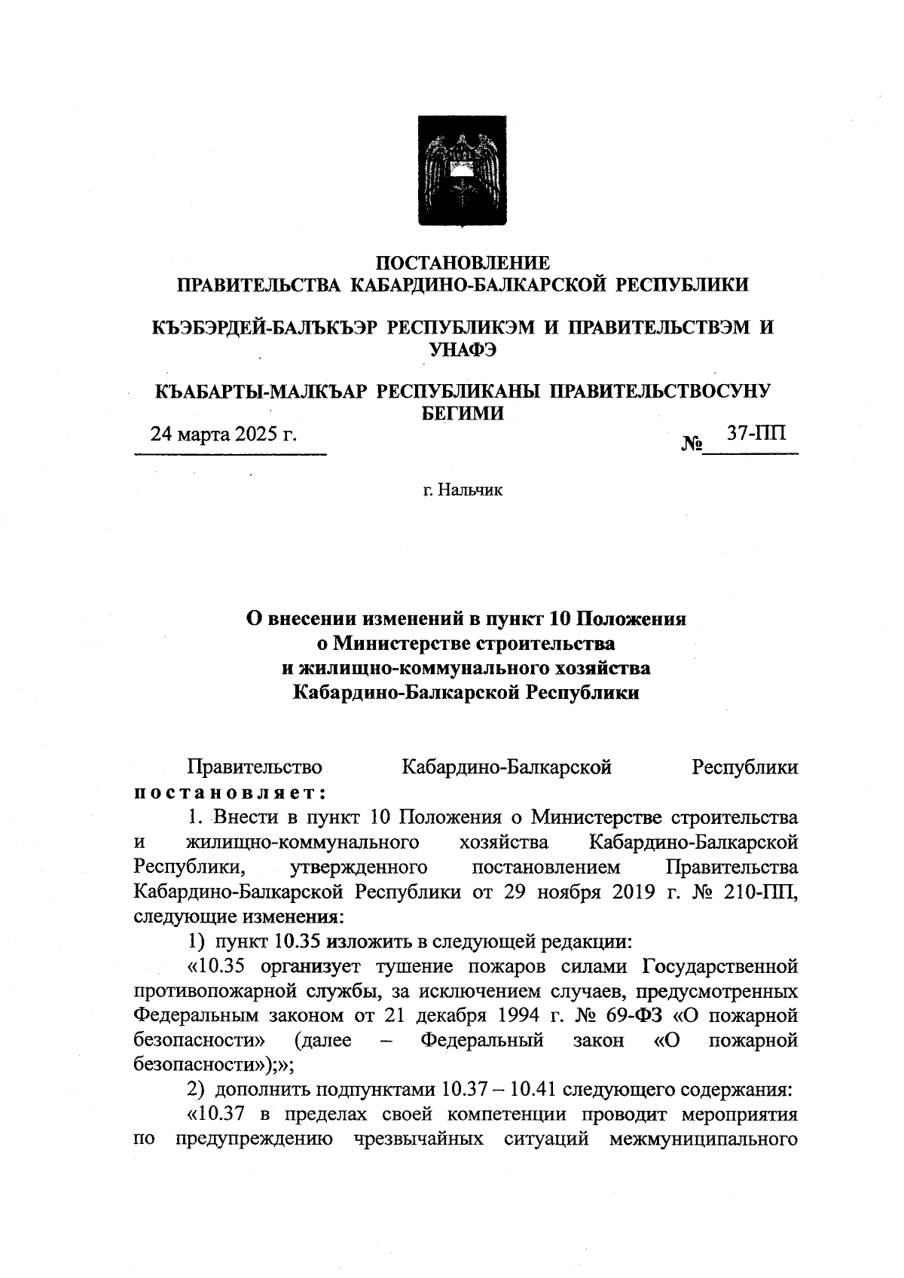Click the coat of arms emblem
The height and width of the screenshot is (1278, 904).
pyautogui.click(x=451, y=170)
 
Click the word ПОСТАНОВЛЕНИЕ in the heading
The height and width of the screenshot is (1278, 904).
pyautogui.click(x=463, y=263)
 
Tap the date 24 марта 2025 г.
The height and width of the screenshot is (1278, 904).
pyautogui.click(x=224, y=435)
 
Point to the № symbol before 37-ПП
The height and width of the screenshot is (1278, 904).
pyautogui.click(x=692, y=444)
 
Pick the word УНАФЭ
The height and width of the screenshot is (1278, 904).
pyautogui.click(x=463, y=349)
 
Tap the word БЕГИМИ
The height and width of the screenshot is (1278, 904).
pyautogui.click(x=462, y=413)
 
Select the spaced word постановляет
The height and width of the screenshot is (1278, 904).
pyautogui.click(x=230, y=792)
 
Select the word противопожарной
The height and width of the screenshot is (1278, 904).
pyautogui.click(x=213, y=991)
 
